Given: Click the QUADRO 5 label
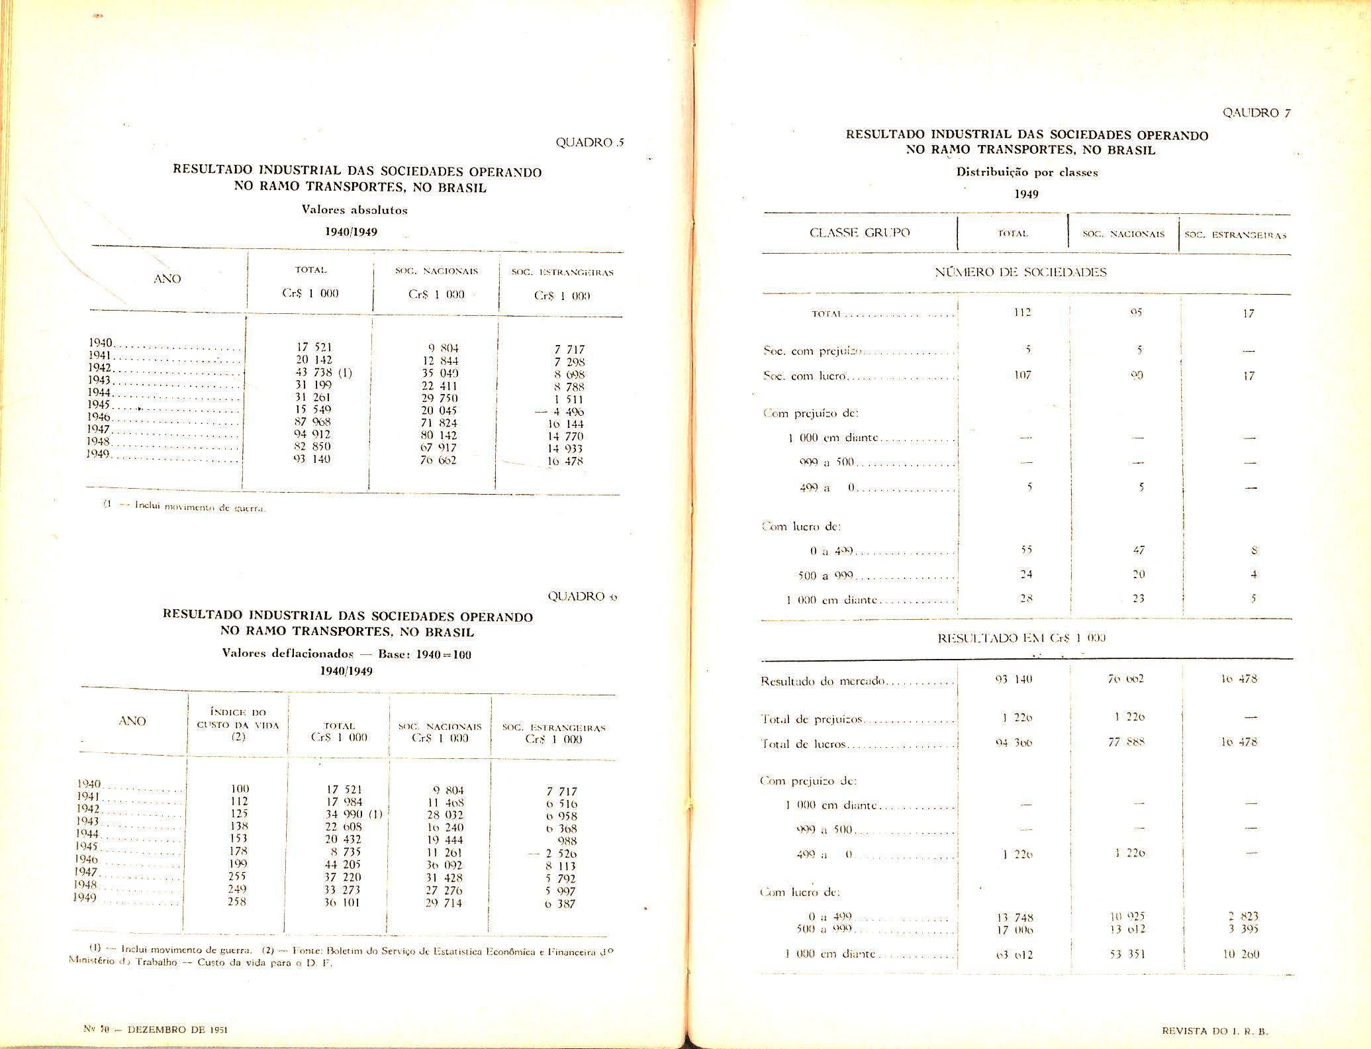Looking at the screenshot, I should [591, 142].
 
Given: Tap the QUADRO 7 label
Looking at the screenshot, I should [1256, 113].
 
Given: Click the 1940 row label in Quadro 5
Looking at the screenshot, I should [101, 342].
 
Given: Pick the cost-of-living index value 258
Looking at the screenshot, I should [237, 901].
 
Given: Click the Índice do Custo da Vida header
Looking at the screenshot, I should [238, 724].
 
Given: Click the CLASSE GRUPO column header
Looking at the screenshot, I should [859, 232].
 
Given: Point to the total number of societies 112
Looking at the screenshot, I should [1023, 313].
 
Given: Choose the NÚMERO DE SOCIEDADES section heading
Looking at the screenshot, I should [1020, 272].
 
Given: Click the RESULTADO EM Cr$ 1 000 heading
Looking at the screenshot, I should [1021, 638].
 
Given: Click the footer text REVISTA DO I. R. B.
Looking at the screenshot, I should [1217, 1031].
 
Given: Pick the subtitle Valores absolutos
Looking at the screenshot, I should [354, 210].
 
